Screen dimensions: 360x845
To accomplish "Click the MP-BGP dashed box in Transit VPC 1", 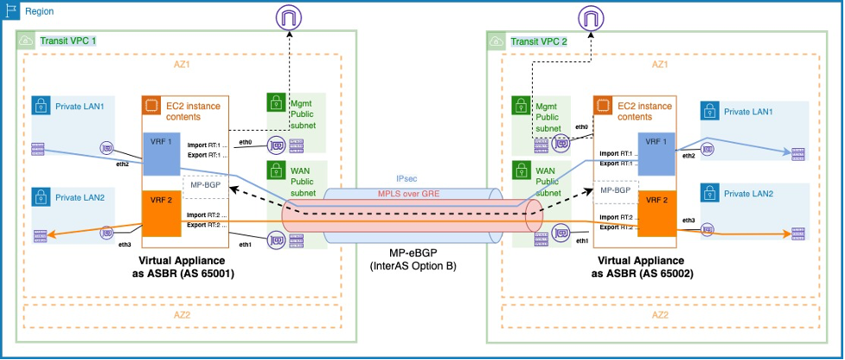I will coord(203,184).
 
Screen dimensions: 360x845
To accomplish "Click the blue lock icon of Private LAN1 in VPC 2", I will coord(709,112).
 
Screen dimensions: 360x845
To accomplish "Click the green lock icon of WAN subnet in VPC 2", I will coord(522,170).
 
